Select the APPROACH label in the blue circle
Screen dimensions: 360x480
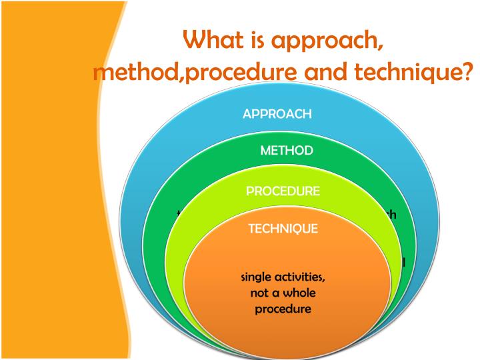click(x=277, y=113)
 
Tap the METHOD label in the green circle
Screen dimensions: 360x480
click(x=286, y=151)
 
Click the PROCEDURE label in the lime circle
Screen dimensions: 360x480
click(x=283, y=191)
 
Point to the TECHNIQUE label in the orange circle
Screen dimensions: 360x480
click(x=283, y=229)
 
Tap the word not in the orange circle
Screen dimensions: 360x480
click(x=260, y=294)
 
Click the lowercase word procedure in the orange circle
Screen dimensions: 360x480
click(x=283, y=310)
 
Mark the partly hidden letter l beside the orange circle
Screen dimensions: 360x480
click(x=403, y=262)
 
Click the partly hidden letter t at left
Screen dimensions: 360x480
click(x=179, y=215)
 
